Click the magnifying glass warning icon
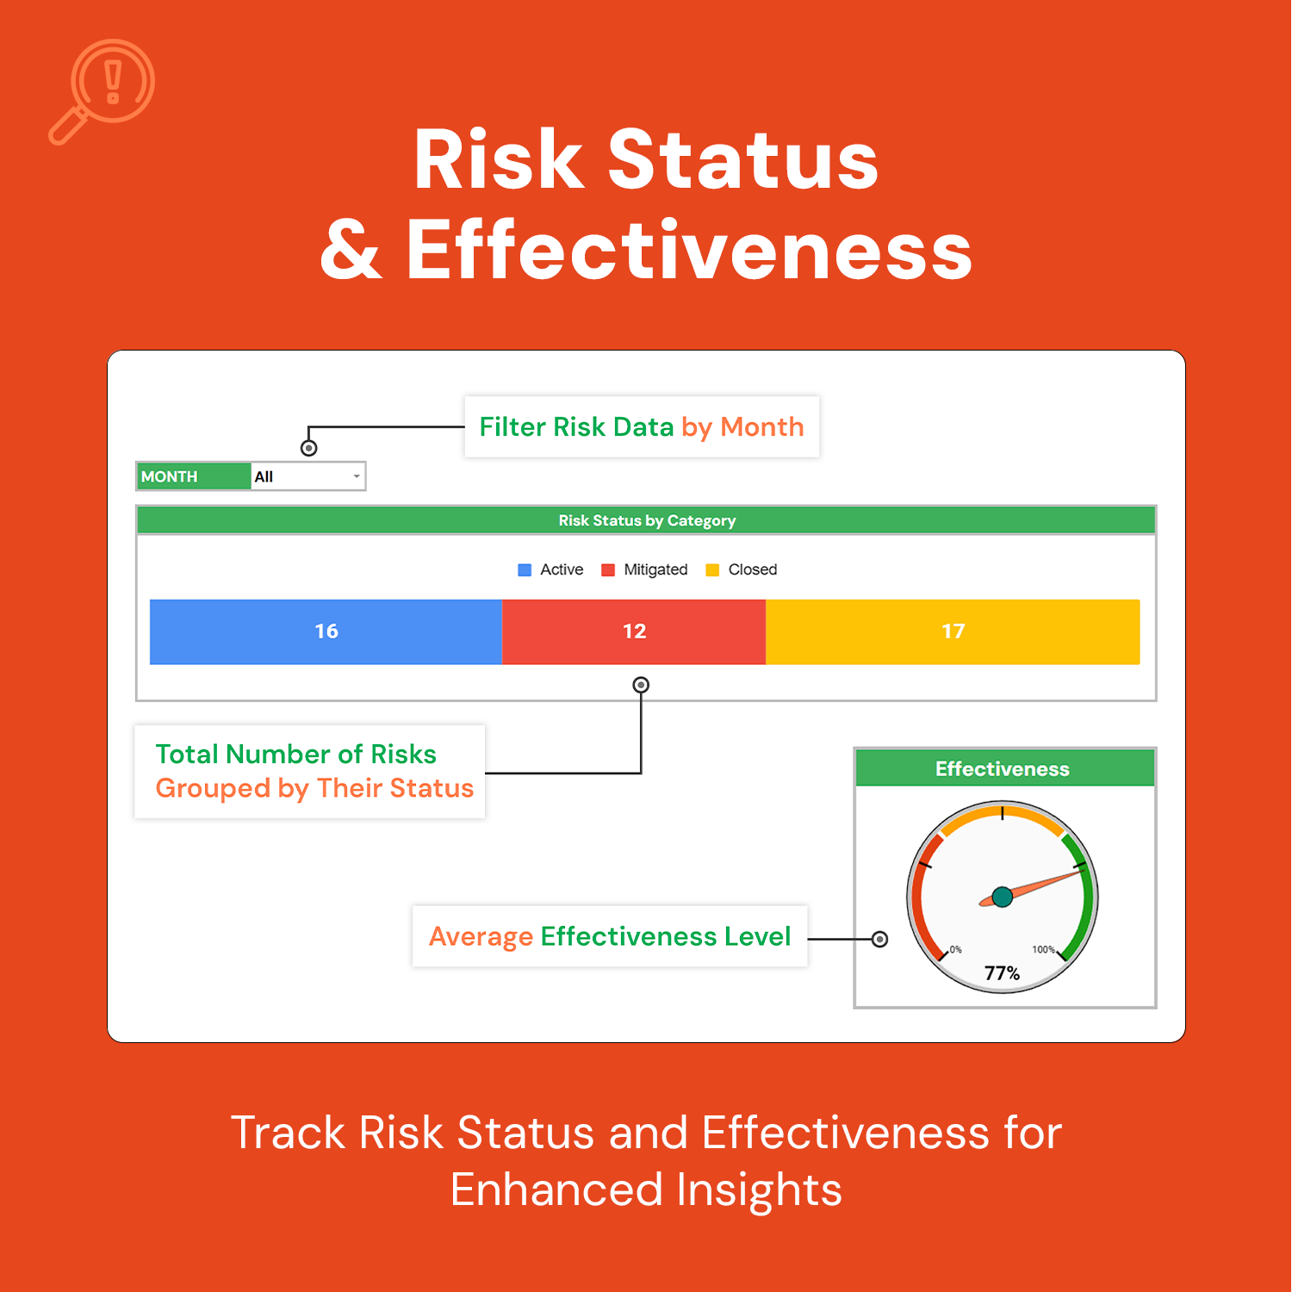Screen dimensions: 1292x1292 (102, 91)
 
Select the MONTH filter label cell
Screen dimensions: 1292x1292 (194, 476)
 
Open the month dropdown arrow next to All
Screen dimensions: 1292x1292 (357, 476)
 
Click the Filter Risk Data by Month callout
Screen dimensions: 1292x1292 (642, 426)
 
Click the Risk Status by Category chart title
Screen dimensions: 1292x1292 (647, 520)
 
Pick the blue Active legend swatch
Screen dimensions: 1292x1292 (525, 570)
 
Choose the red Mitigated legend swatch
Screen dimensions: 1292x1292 (608, 570)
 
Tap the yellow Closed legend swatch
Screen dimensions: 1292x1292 (712, 570)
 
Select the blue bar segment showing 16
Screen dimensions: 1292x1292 (326, 631)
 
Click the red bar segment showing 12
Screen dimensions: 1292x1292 (634, 631)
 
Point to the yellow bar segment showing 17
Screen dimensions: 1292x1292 (953, 631)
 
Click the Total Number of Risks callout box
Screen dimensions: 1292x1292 (310, 771)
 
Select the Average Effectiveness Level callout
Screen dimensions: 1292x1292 (610, 936)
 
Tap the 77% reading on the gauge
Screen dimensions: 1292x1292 (1002, 973)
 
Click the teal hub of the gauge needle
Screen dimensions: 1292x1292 (1002, 898)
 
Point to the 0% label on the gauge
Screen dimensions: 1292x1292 (955, 949)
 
